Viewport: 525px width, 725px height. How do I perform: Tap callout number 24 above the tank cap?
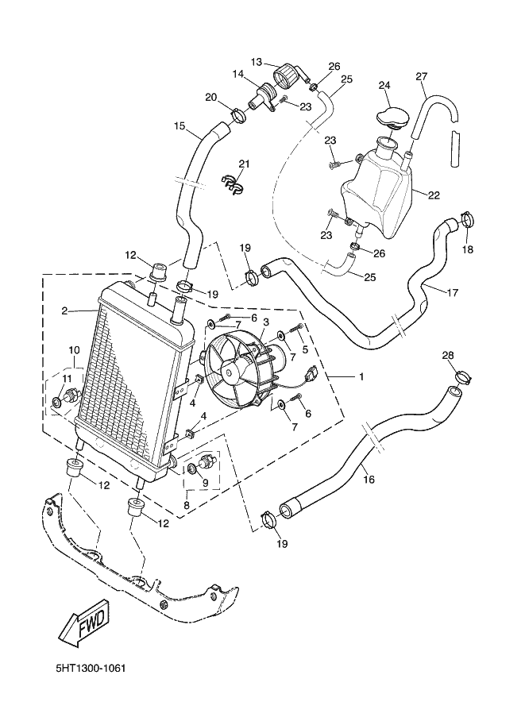click(x=385, y=85)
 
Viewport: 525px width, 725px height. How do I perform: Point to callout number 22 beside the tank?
click(x=434, y=195)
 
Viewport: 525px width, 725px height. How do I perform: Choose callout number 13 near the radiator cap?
click(x=257, y=62)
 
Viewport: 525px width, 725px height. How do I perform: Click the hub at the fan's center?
click(x=230, y=370)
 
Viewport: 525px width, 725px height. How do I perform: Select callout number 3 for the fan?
click(x=266, y=321)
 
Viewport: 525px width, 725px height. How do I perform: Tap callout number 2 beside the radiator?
click(x=65, y=311)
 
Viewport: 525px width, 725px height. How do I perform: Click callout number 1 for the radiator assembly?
click(x=361, y=376)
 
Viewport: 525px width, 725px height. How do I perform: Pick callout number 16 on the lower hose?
click(x=369, y=480)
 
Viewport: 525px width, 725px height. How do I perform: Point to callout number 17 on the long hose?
click(x=453, y=292)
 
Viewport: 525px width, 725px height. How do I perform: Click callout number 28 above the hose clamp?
click(x=448, y=355)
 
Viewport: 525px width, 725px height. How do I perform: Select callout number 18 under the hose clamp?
click(x=468, y=249)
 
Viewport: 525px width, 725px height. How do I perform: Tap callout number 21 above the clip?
click(x=244, y=164)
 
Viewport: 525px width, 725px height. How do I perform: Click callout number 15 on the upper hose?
click(x=180, y=125)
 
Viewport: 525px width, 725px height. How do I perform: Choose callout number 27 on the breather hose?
click(x=422, y=76)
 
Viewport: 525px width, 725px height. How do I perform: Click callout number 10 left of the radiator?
click(x=75, y=349)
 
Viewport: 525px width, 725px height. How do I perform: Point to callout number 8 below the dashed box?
click(x=187, y=505)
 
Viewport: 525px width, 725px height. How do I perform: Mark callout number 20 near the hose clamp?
click(x=211, y=98)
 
